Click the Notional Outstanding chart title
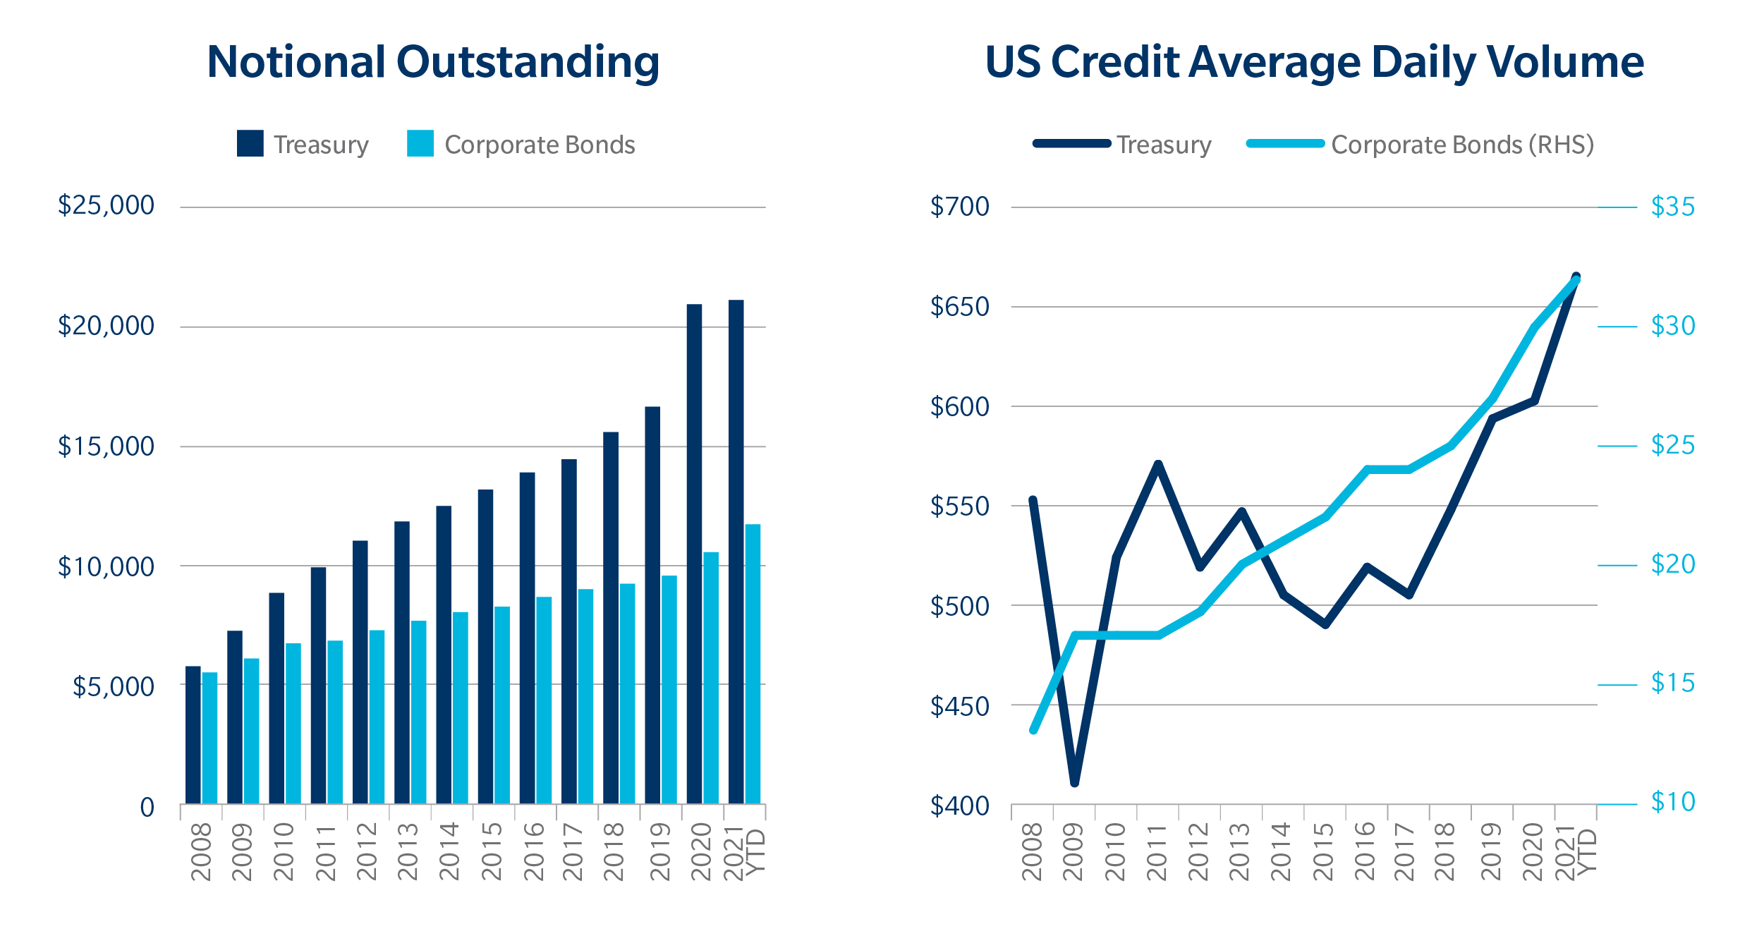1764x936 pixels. tap(433, 62)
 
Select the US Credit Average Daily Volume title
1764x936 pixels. tap(1314, 62)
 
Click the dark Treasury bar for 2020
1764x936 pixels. tap(694, 554)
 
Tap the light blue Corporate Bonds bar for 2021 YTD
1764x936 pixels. tap(753, 664)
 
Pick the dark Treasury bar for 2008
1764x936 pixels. tap(193, 734)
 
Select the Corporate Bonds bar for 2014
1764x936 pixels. tap(460, 707)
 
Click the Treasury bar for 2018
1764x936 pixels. tap(610, 617)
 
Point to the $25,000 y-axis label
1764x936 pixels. tap(106, 205)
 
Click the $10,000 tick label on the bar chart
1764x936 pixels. tap(106, 566)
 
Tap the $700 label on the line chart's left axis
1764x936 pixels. tap(959, 207)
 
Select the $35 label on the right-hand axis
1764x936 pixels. tap(1672, 207)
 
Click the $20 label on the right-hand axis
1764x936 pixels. tap(1672, 564)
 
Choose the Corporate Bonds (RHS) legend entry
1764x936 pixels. tap(1461, 145)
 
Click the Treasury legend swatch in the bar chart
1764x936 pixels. tap(250, 143)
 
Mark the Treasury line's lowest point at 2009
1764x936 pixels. tap(1074, 782)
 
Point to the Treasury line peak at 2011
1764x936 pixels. tap(1158, 464)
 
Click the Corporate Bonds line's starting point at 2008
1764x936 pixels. tap(1033, 730)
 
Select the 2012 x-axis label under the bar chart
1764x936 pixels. tap(366, 851)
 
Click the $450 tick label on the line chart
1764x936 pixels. tap(959, 706)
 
